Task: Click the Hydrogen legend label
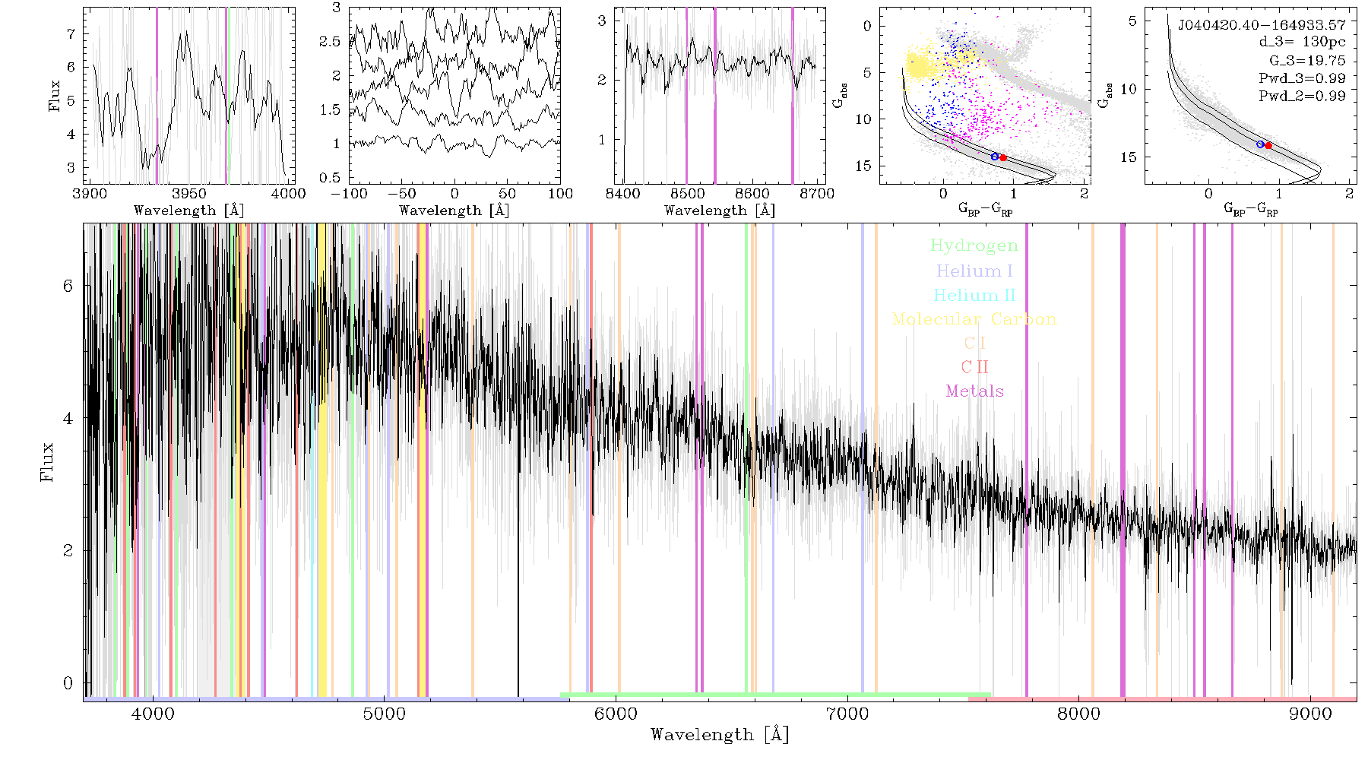click(x=974, y=246)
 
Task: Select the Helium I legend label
click(x=974, y=271)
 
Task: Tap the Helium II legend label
click(x=974, y=295)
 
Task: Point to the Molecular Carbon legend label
click(x=974, y=319)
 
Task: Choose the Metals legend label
click(x=975, y=391)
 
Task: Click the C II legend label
click(x=974, y=367)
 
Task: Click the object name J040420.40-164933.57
click(x=1262, y=25)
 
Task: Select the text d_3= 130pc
click(x=1302, y=42)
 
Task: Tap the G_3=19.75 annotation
click(x=1307, y=61)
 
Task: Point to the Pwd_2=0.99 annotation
click(x=1302, y=97)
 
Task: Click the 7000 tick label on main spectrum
click(x=847, y=714)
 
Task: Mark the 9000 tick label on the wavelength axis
click(x=1310, y=714)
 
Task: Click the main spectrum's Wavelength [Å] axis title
click(x=720, y=735)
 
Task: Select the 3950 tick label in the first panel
click(x=189, y=194)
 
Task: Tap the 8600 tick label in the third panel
click(x=752, y=194)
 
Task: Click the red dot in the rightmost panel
click(x=1268, y=145)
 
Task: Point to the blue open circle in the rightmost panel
click(x=1260, y=144)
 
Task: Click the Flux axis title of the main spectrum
click(x=47, y=462)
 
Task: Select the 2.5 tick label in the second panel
click(x=330, y=42)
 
